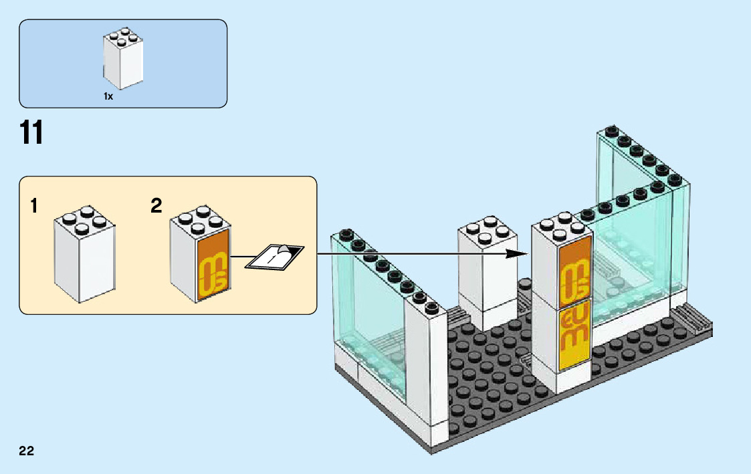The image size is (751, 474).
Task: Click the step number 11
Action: pos(31,133)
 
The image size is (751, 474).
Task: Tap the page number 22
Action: pos(27,451)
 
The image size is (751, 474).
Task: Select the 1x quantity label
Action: pos(108,96)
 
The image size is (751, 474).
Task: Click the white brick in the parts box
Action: pos(123,60)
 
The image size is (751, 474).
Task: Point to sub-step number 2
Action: pos(156,206)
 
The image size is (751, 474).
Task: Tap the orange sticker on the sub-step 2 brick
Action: pos(214,268)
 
